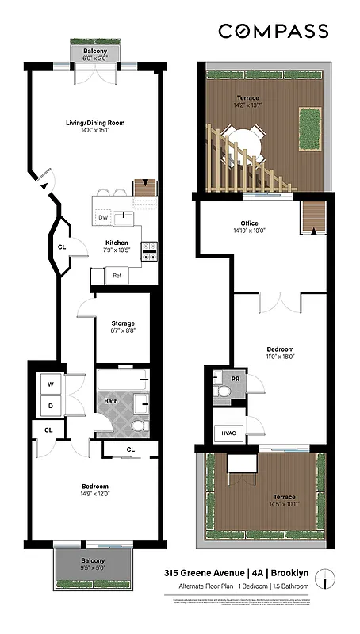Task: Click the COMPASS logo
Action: pyautogui.click(x=273, y=31)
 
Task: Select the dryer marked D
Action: pyautogui.click(x=51, y=405)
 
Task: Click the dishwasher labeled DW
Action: pyautogui.click(x=103, y=217)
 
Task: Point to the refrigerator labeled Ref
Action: pyautogui.click(x=116, y=276)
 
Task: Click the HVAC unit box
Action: pyautogui.click(x=229, y=434)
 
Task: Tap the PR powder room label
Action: pyautogui.click(x=236, y=379)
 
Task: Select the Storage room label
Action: pyautogui.click(x=123, y=323)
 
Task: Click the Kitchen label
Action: pyautogui.click(x=117, y=243)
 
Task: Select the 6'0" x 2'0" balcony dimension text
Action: pyautogui.click(x=101, y=59)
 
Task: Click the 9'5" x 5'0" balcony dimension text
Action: pyautogui.click(x=93, y=567)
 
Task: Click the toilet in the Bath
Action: pyautogui.click(x=139, y=426)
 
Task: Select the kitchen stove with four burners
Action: pyautogui.click(x=149, y=251)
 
